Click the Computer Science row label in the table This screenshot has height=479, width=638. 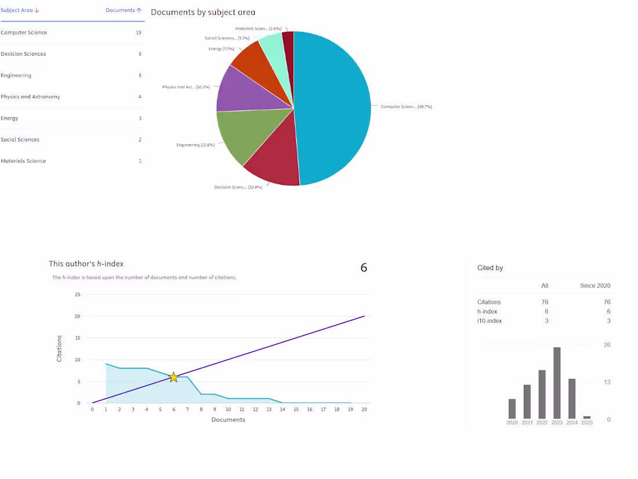[24, 33]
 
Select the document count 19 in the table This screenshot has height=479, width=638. [139, 33]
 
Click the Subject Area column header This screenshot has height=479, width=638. [20, 10]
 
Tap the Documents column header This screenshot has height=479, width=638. [124, 10]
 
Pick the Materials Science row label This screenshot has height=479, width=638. [23, 161]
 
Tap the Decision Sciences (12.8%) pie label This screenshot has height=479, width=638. [238, 187]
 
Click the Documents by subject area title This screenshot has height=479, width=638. [203, 12]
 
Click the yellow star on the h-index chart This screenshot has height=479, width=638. [173, 377]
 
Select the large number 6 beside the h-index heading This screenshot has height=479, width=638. [364, 268]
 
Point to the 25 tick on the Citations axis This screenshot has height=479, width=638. [78, 294]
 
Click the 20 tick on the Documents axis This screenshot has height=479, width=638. [364, 409]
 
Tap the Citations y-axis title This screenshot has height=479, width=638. [59, 348]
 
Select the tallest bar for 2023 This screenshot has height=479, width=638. [557, 383]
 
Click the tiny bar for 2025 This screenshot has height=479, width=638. [587, 417]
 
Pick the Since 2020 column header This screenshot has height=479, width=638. [595, 286]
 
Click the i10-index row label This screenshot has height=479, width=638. [490, 321]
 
